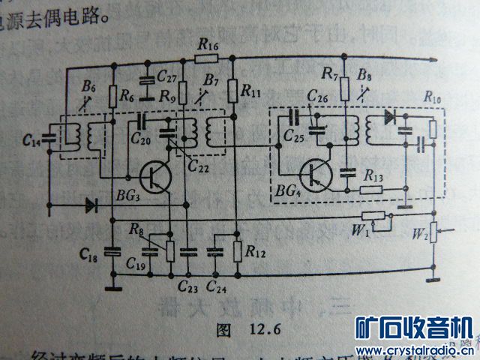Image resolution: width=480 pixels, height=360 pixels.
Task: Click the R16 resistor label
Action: [x=207, y=46]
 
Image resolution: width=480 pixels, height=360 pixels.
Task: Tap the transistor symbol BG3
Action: [x=154, y=177]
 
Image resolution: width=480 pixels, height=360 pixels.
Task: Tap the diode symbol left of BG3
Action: [x=94, y=204]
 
